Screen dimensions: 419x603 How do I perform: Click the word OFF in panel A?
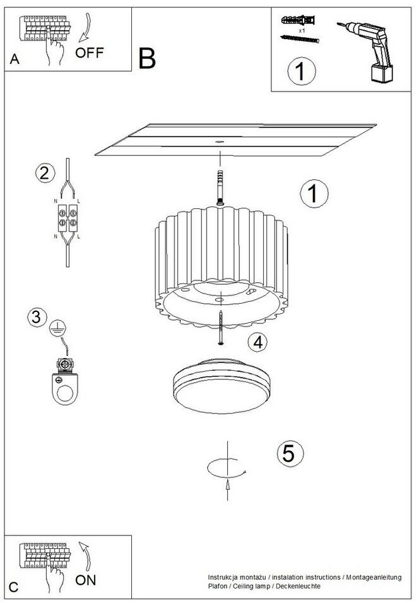[x=90, y=52]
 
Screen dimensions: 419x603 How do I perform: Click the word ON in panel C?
[x=86, y=580]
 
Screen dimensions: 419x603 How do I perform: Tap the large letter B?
[x=147, y=59]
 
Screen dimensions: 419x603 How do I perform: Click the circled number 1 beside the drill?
[x=302, y=71]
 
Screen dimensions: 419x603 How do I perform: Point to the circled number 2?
[x=45, y=172]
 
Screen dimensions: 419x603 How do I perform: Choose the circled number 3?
[x=37, y=317]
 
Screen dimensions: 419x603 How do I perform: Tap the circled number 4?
[x=257, y=342]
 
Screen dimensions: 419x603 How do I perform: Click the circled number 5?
[x=290, y=453]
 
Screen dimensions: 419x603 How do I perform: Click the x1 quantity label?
[x=302, y=30]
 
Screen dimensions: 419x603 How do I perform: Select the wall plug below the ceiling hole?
[x=220, y=188]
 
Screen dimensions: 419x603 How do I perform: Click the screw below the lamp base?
[x=221, y=327]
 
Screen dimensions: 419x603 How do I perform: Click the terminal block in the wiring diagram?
[x=68, y=218]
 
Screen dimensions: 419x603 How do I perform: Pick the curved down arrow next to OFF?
[x=85, y=28]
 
